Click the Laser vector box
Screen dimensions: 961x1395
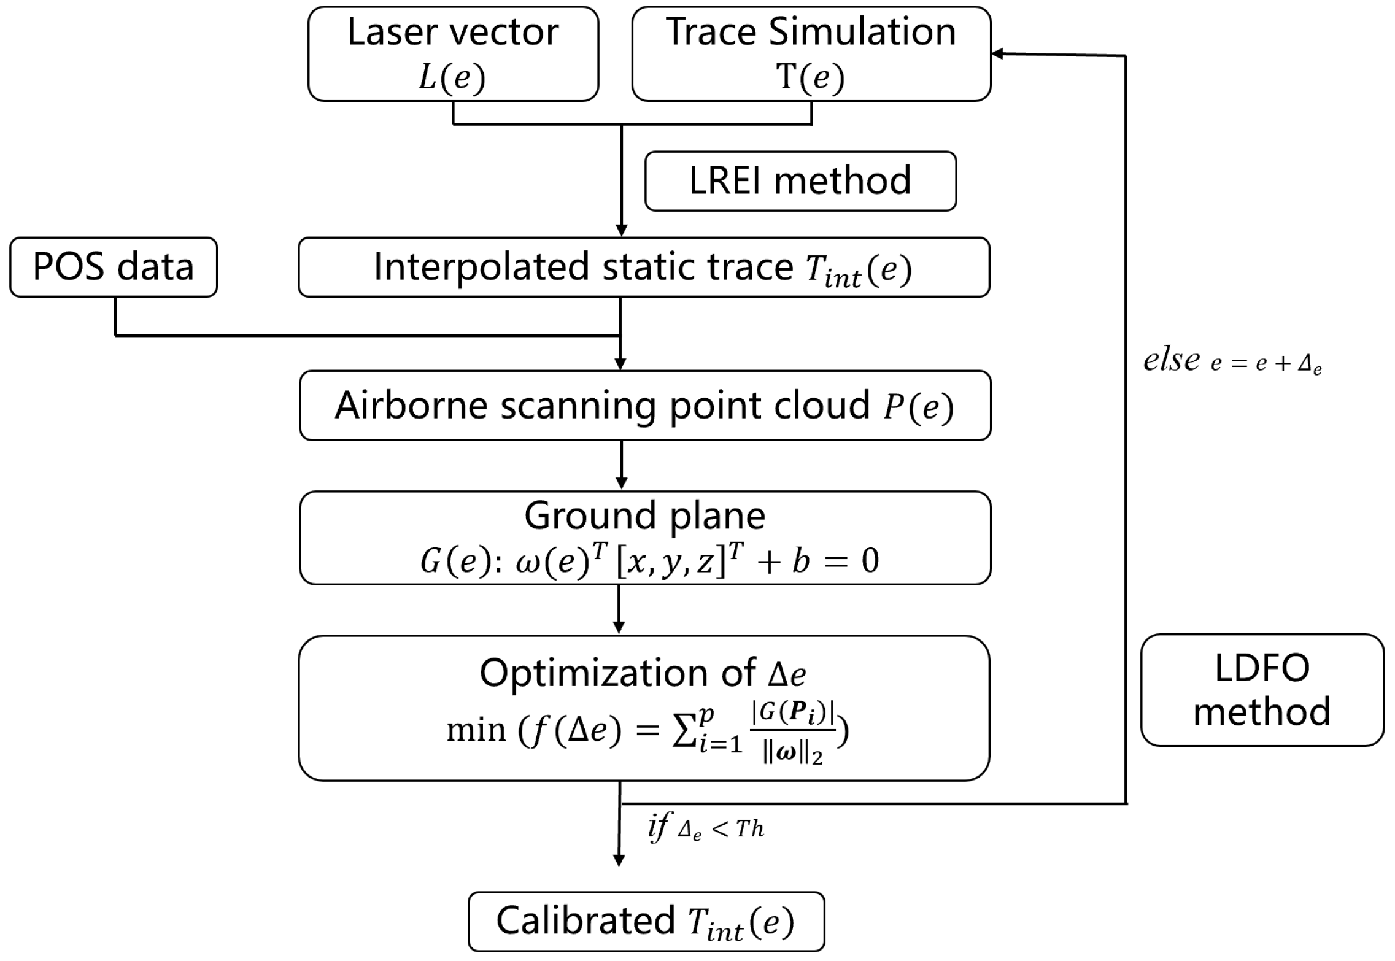pos(453,54)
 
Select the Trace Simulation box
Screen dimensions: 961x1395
pos(811,54)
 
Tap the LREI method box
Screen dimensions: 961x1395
pos(800,181)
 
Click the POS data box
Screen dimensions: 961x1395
pos(114,267)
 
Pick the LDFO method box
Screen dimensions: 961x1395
pos(1262,690)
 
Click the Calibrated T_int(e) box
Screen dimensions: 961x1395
pos(646,921)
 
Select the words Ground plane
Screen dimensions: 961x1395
pos(644,515)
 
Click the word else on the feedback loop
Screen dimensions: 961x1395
pos(1171,360)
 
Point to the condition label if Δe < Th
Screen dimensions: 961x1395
pos(706,829)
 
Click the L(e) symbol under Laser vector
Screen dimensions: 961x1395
pos(452,78)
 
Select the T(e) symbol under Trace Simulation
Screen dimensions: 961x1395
pos(810,78)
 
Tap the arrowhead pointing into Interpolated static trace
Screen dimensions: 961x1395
pos(621,231)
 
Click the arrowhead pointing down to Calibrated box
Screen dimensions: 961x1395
pos(619,860)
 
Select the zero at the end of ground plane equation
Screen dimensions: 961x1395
pos(870,560)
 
